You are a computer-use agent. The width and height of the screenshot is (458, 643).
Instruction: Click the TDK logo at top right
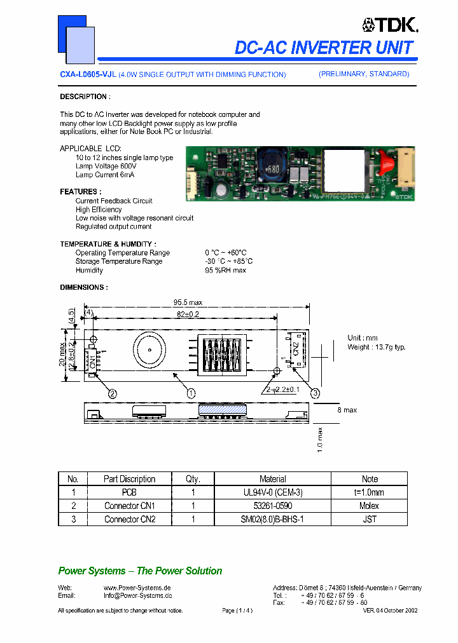389,25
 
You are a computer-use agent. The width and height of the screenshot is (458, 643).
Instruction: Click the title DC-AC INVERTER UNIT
324,48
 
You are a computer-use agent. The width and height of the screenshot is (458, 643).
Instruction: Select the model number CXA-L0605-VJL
88,75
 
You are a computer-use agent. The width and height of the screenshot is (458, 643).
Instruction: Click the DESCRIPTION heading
85,97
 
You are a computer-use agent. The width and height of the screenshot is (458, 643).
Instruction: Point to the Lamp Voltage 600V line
105,166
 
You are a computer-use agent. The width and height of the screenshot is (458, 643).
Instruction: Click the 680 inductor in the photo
272,169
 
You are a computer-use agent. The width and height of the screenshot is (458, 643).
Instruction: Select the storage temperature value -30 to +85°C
228,261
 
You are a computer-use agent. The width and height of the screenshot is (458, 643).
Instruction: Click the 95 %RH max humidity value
225,270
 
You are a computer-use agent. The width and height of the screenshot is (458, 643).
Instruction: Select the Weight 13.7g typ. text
376,347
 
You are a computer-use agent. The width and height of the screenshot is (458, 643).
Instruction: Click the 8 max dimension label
346,410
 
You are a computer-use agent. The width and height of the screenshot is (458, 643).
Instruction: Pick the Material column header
272,479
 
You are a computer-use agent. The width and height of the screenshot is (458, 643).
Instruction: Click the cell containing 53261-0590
272,506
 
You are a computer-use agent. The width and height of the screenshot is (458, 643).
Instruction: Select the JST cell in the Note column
369,519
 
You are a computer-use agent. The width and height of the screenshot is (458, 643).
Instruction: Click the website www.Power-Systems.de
137,588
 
